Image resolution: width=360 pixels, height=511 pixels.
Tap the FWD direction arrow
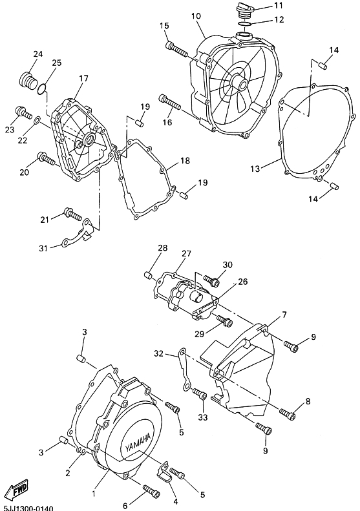[x=17, y=489]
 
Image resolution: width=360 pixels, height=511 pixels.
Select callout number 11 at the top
[x=279, y=6]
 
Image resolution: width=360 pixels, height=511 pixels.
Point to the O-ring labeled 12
[x=244, y=23]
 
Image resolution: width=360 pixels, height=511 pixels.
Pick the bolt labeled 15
[x=176, y=49]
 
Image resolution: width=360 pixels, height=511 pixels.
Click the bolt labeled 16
[x=169, y=101]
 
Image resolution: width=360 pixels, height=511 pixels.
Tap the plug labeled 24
[x=28, y=81]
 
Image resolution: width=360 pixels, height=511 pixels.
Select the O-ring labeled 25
[x=41, y=89]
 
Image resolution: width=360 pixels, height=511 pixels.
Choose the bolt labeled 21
[x=73, y=213]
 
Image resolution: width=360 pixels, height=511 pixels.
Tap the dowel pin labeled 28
[x=149, y=275]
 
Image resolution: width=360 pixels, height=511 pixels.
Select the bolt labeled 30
[x=211, y=280]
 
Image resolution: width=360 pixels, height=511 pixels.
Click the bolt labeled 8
[x=288, y=414]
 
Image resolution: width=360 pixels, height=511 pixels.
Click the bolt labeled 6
[x=151, y=490]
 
